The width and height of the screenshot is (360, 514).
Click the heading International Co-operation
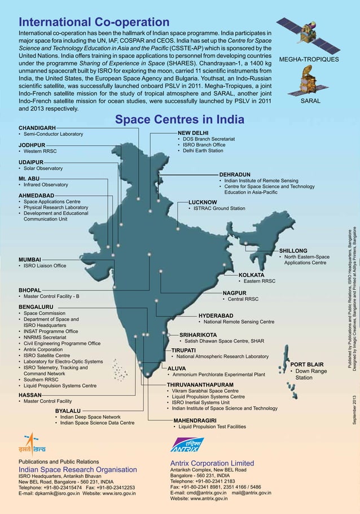point(94,23)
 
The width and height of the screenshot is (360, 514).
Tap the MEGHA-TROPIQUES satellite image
point(309,37)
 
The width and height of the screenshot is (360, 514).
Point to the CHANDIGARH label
point(37,128)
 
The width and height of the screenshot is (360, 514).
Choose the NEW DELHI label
point(193,132)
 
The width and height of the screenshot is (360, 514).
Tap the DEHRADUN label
point(234,174)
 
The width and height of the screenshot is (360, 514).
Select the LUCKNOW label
point(203,201)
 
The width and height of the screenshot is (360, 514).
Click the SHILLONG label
point(293,251)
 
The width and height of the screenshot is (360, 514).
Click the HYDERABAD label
point(216,315)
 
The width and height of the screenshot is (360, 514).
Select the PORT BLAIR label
point(306,364)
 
